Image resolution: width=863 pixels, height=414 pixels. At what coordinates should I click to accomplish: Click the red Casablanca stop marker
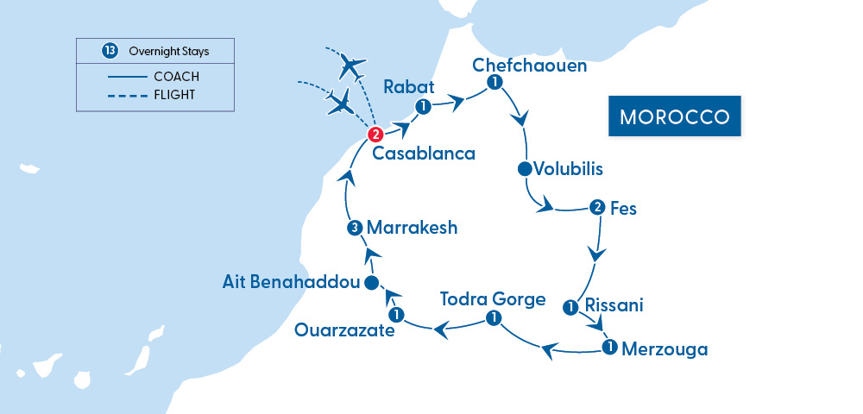375,135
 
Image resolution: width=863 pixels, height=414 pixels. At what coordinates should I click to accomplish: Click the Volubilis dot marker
524,168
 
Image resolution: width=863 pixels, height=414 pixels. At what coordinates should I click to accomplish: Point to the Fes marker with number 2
596,207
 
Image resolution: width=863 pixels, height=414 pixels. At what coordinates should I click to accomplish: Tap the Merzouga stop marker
609,348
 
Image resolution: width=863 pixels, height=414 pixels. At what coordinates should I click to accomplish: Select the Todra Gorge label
493,299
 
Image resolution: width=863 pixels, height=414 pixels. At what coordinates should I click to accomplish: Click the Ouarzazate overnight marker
395,313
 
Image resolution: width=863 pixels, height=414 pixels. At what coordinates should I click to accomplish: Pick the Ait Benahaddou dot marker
370,283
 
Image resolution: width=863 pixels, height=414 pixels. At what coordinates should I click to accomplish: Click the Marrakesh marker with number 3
354,229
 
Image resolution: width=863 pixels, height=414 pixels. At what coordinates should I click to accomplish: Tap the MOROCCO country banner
676,116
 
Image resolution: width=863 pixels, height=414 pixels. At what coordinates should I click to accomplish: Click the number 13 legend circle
110,52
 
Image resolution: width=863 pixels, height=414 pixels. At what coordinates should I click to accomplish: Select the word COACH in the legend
176,77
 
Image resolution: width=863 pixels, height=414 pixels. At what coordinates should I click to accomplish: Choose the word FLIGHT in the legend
174,95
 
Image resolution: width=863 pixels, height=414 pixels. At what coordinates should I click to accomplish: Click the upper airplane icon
353,65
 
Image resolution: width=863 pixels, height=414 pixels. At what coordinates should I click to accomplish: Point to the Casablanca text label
424,154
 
